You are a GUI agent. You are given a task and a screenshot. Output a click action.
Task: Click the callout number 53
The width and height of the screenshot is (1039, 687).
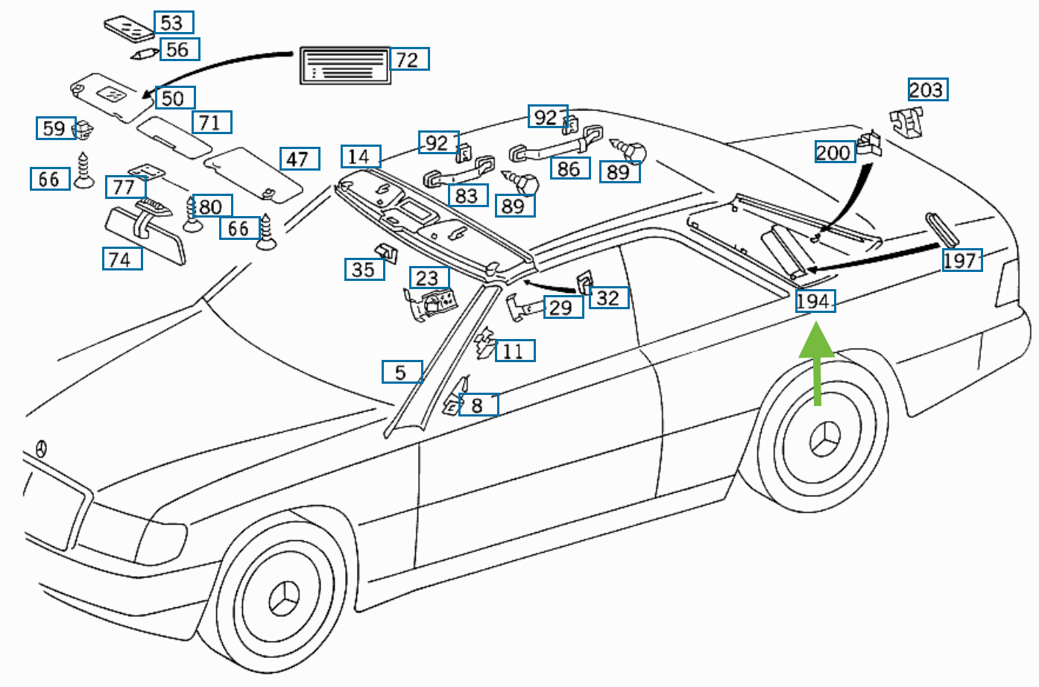[x=174, y=22]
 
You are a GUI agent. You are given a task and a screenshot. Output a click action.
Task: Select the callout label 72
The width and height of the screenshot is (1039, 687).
[x=409, y=59]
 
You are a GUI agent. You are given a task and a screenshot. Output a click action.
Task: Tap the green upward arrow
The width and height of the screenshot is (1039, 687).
[x=817, y=364]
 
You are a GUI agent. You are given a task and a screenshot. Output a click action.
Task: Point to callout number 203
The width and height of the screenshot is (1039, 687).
[x=928, y=89]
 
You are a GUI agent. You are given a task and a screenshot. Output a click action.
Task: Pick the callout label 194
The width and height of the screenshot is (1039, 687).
[x=815, y=301]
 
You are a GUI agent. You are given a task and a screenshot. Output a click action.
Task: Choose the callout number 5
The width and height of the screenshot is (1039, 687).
[x=402, y=372]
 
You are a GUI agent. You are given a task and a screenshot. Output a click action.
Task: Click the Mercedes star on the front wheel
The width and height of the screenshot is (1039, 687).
[x=284, y=599]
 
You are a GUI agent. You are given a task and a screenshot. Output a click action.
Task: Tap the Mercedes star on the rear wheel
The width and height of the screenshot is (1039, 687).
[x=824, y=439]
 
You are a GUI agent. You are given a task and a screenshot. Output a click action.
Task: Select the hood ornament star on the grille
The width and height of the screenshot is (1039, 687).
[x=41, y=449]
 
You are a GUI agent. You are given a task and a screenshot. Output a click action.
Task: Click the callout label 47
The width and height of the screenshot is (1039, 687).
[x=300, y=159]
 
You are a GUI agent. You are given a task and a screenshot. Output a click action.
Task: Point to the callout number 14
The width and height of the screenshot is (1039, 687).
[x=361, y=156]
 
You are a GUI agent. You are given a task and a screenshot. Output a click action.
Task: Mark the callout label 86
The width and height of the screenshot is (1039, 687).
[x=570, y=168]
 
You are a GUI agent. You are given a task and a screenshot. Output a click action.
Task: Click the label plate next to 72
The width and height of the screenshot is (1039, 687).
[x=346, y=66]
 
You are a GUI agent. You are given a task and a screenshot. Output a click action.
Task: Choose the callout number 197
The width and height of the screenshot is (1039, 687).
[x=962, y=260]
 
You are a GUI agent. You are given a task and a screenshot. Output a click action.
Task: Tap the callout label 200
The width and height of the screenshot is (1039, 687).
[x=836, y=151]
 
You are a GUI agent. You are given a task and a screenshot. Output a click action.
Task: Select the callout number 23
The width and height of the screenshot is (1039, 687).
[x=429, y=278]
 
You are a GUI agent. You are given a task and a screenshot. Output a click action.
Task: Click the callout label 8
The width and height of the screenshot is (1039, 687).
[x=479, y=405]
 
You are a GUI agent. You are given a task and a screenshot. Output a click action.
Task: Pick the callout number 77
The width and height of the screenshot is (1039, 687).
[x=126, y=187]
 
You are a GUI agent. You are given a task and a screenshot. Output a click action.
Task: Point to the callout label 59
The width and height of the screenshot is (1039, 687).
[x=56, y=128]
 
